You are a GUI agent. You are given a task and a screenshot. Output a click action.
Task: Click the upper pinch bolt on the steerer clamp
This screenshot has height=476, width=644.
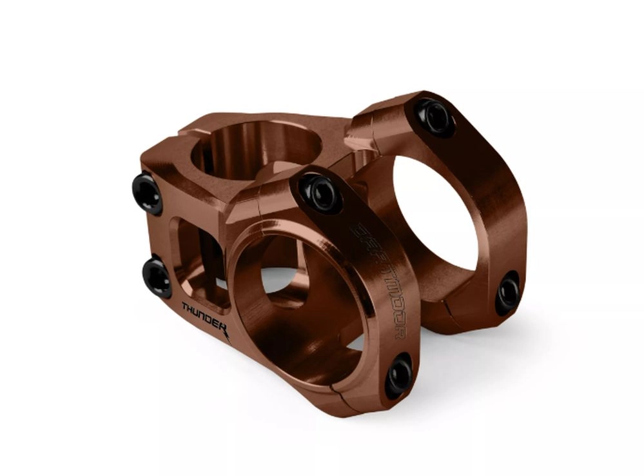coord(147,194)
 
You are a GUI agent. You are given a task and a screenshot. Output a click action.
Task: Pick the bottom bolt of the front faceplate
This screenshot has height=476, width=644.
coord(399,375)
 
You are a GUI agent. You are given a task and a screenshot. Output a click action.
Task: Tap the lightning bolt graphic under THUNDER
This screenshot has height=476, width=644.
coord(227,333)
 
